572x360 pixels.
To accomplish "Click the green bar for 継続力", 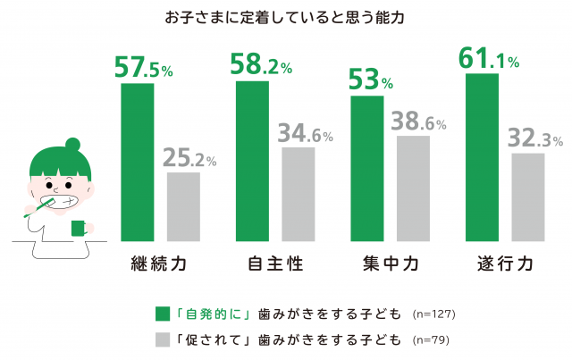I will pos(137,162).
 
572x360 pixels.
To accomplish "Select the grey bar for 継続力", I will pos(183,206).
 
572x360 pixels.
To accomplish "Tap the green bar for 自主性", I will pos(252,161).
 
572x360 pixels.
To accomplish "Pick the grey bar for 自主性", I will pos(299,194).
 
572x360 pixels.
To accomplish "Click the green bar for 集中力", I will pos(367,168).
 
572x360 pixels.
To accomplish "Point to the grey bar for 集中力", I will pos(414,188).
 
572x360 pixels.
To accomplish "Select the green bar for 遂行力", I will pos(483,157).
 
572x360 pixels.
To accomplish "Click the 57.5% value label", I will pos(144,68).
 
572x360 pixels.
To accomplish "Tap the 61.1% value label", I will pos(490,59).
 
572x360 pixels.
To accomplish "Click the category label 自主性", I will pos(274,264).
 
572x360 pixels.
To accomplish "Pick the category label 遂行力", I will pos(506,264).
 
